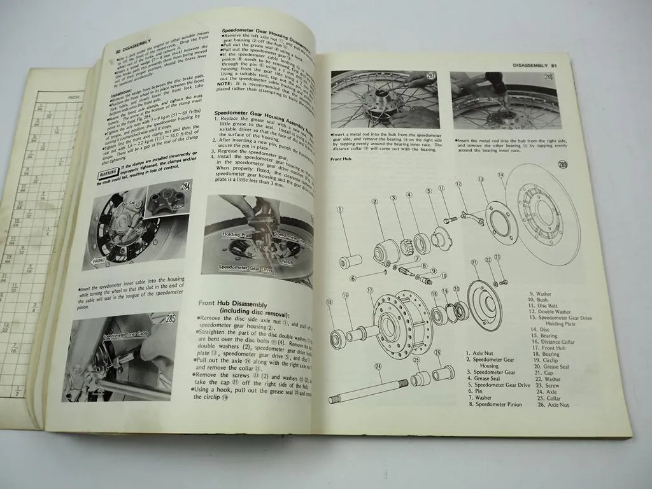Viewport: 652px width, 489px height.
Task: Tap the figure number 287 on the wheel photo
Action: tap(432, 78)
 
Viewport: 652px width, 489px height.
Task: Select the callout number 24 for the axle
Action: tap(378, 366)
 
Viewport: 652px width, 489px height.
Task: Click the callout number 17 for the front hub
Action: tap(370, 292)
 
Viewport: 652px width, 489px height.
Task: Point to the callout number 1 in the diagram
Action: tap(341, 209)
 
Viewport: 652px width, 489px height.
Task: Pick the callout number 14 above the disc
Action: tap(500, 174)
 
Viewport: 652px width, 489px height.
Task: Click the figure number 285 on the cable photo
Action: tap(170, 318)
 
